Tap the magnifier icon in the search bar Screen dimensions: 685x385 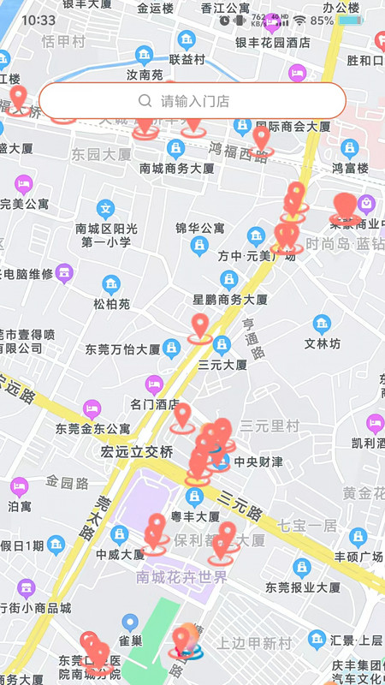pyautogui.click(x=145, y=101)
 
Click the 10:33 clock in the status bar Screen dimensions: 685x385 pyautogui.click(x=38, y=20)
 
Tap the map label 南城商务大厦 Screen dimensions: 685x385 pyautogui.click(x=177, y=169)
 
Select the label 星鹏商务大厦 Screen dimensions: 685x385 pyautogui.click(x=230, y=300)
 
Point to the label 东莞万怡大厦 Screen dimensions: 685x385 pyautogui.click(x=122, y=349)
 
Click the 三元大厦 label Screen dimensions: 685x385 pyautogui.click(x=222, y=364)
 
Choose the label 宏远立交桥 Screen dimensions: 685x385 pyautogui.click(x=137, y=450)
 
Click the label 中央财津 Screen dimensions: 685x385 pyautogui.click(x=258, y=462)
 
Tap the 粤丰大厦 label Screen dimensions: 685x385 pyautogui.click(x=196, y=516)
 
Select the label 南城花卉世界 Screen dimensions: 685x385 pyautogui.click(x=181, y=577)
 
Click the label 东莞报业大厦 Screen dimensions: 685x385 pyautogui.click(x=303, y=587)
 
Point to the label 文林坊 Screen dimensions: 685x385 pyautogui.click(x=323, y=343)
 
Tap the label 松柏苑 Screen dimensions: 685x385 pyautogui.click(x=112, y=303)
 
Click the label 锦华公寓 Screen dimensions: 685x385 pyautogui.click(x=199, y=229)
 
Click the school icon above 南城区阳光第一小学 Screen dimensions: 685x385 pyautogui.click(x=105, y=208)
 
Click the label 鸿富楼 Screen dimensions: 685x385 pyautogui.click(x=350, y=168)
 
